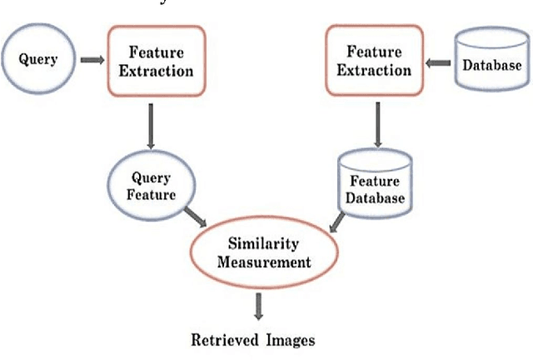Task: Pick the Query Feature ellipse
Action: [x=151, y=185]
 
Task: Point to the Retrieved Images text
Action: [x=253, y=340]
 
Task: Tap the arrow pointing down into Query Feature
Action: [x=151, y=126]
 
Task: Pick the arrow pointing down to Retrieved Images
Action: [x=257, y=306]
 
